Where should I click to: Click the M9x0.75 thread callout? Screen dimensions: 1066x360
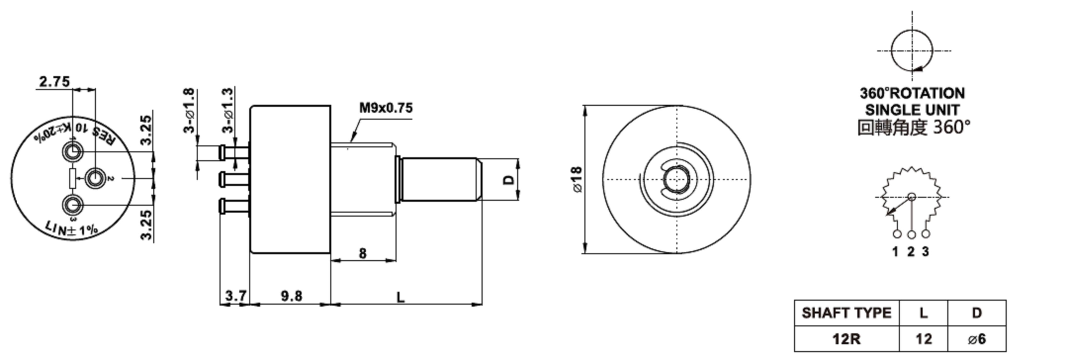pyautogui.click(x=386, y=108)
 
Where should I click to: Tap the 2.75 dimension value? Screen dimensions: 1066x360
pyautogui.click(x=54, y=82)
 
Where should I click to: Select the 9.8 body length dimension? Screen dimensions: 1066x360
pyautogui.click(x=291, y=296)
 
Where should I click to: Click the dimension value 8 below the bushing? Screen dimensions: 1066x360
pyautogui.click(x=362, y=253)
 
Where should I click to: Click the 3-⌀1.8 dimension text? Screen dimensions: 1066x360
pyautogui.click(x=189, y=111)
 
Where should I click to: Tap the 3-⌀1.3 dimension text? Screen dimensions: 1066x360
pyautogui.click(x=228, y=111)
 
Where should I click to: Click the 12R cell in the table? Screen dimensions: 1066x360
pyautogui.click(x=846, y=339)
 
